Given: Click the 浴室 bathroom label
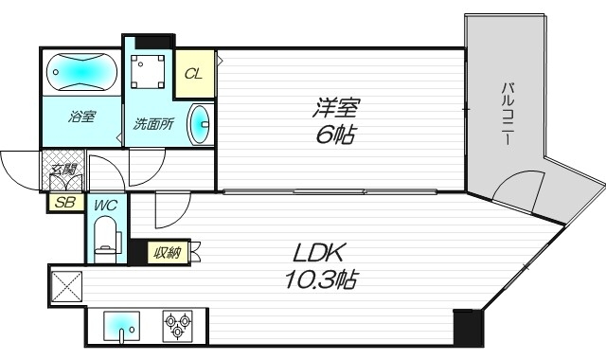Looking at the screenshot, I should tap(80, 117).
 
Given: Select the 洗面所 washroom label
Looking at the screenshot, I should tap(150, 122).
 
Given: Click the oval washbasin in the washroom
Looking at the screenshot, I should tap(200, 125).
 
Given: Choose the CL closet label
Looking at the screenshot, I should tap(192, 74).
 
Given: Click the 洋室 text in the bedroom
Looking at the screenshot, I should tap(337, 106).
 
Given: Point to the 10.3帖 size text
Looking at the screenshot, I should tap(322, 280).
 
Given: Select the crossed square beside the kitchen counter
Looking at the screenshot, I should tap(69, 284).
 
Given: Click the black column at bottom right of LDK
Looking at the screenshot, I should tap(467, 327).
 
